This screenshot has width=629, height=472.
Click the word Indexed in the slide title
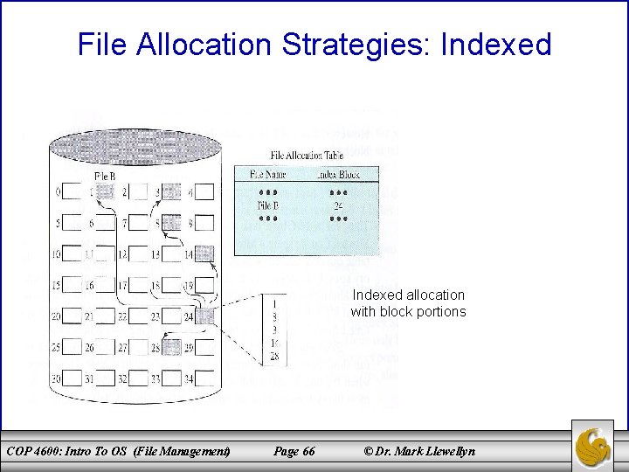point(496,44)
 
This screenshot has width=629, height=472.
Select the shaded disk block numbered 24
point(204,316)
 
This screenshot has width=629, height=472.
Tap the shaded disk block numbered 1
point(105,192)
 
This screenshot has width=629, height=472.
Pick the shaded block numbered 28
point(171,349)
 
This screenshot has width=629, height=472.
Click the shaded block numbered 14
point(204,254)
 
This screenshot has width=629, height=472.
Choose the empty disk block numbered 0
point(72,192)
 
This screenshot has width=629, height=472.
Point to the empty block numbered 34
point(204,379)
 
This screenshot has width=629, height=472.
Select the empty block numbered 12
point(138,254)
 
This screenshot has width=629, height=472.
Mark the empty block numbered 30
point(72,379)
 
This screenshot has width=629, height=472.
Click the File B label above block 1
point(104,177)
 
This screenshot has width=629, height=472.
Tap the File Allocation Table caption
point(308,155)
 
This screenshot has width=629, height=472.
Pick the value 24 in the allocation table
point(337,206)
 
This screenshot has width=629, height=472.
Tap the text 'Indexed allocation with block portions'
point(408,303)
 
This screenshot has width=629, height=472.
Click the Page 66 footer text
point(294,451)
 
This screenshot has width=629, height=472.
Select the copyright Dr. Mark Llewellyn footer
point(420,451)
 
